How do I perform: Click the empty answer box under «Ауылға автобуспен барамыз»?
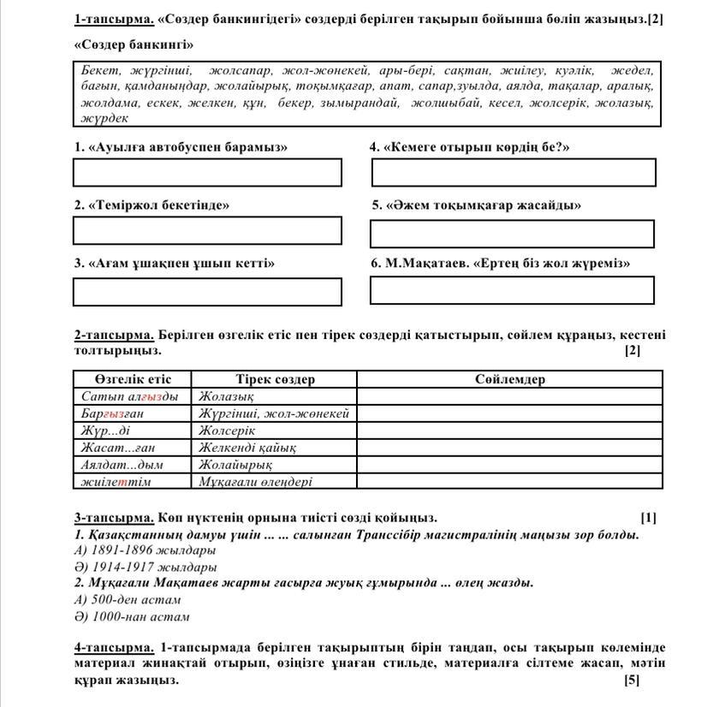click(207, 172)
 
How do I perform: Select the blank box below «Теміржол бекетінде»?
click(207, 231)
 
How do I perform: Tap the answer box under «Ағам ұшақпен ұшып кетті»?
click(207, 291)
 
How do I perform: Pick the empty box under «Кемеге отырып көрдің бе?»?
click(514, 172)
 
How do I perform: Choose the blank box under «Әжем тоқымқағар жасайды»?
click(512, 234)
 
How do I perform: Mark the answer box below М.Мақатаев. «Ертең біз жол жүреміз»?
click(512, 290)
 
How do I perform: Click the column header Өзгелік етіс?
click(133, 379)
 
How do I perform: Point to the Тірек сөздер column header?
click(275, 379)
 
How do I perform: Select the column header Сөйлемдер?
click(509, 379)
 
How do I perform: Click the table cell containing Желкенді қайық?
click(248, 448)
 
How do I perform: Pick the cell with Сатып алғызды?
click(130, 396)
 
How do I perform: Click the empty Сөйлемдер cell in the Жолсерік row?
click(509, 431)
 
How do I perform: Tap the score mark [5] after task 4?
click(632, 680)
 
